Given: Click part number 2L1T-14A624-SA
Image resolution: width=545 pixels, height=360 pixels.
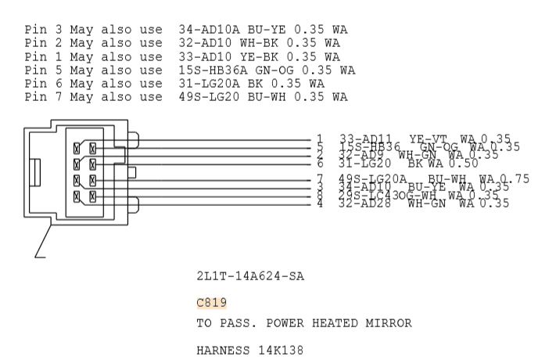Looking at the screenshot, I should coord(250,276).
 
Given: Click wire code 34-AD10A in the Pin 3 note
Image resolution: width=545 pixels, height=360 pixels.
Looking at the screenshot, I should coord(205,30).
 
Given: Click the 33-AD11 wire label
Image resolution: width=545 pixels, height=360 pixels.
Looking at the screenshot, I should coord(364,139).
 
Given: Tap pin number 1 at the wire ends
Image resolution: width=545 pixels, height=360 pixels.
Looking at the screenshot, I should coord(320,139).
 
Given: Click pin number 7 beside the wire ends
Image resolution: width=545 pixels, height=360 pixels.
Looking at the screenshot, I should coord(320,178).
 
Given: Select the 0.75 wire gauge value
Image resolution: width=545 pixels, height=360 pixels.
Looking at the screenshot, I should coord(516,178).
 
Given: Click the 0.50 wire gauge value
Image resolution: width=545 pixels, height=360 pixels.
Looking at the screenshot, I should coord(464,163).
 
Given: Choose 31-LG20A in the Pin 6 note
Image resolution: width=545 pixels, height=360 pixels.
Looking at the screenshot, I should coord(205,83).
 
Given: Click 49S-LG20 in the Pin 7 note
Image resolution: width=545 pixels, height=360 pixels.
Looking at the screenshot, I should coord(205,96).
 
